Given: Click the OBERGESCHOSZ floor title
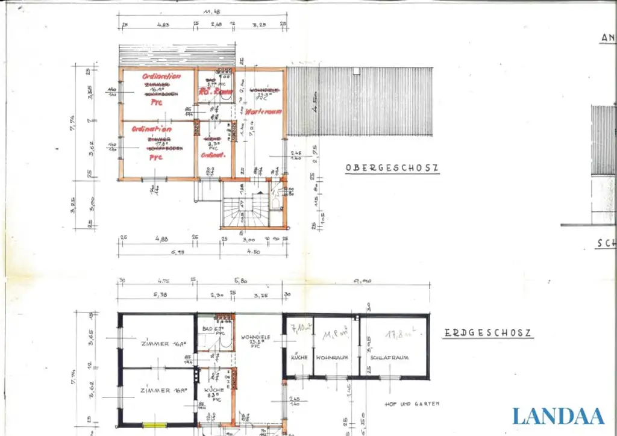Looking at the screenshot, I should [392, 168].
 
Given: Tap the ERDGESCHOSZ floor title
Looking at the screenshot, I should [488, 333].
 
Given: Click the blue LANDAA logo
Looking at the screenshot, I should [558, 416].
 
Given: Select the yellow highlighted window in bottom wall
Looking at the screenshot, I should [153, 425].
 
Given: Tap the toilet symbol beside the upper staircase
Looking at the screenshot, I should [275, 201].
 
